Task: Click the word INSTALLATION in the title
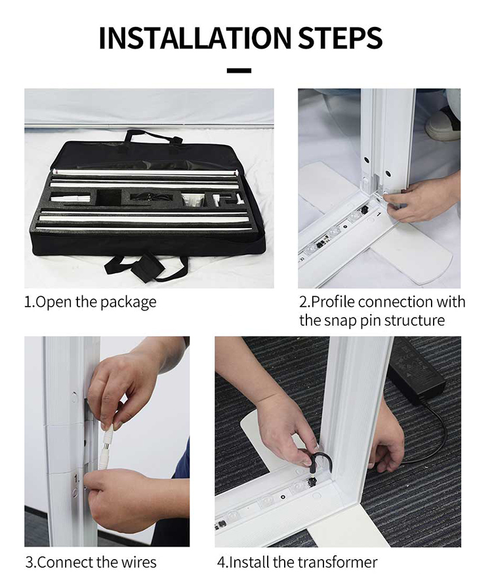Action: click(x=195, y=37)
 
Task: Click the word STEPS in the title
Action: click(x=340, y=37)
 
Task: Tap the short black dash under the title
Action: click(x=239, y=70)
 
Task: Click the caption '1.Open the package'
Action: click(x=91, y=302)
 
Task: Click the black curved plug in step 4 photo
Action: click(x=319, y=463)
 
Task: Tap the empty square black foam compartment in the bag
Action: click(x=109, y=197)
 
